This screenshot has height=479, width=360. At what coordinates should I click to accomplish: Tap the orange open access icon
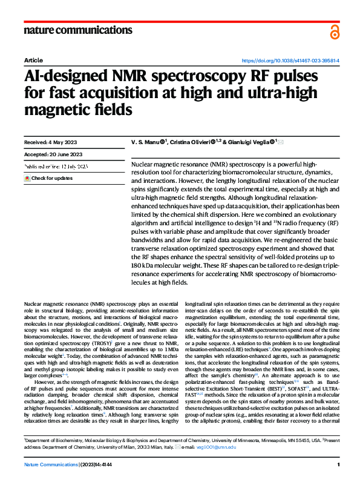[335, 32]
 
